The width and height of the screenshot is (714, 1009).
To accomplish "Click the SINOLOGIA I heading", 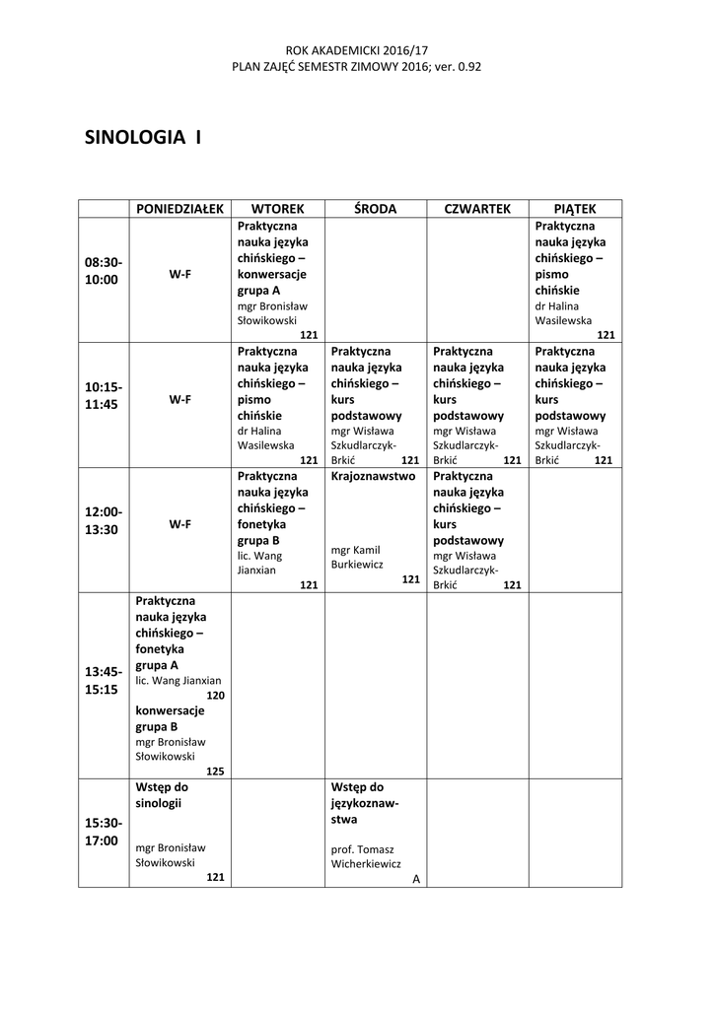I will tap(143, 137).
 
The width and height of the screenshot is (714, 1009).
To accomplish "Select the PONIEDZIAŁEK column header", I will tap(180, 209).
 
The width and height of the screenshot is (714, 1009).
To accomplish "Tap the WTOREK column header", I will tap(277, 209).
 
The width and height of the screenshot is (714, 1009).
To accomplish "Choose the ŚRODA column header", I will tap(375, 209).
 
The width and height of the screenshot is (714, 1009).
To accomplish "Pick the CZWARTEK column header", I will tap(477, 209).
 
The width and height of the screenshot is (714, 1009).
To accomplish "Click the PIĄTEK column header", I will tap(575, 209).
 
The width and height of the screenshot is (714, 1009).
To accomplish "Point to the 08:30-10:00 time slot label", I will tap(104, 271).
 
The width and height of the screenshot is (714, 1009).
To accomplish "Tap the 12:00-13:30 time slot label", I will tap(104, 520).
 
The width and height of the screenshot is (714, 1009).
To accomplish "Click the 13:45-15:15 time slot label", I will tap(104, 680).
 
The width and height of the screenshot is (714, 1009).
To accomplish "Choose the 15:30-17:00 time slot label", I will tap(104, 832).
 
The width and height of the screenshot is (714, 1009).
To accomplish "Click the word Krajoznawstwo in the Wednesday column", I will tap(374, 475).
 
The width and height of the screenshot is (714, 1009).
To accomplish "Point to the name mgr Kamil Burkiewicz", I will tap(356, 557).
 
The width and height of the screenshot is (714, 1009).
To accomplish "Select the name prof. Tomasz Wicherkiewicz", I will tap(366, 855).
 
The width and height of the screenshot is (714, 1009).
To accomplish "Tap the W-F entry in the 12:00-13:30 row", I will tap(179, 524).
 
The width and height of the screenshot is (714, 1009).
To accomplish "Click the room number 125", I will tap(216, 771).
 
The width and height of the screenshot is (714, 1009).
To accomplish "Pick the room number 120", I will tap(216, 695).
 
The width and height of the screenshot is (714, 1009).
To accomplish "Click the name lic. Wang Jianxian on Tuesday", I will tap(259, 563).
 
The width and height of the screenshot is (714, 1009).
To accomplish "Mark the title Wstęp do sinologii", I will tap(162, 795).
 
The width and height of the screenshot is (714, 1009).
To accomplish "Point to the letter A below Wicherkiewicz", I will tap(416, 878).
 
